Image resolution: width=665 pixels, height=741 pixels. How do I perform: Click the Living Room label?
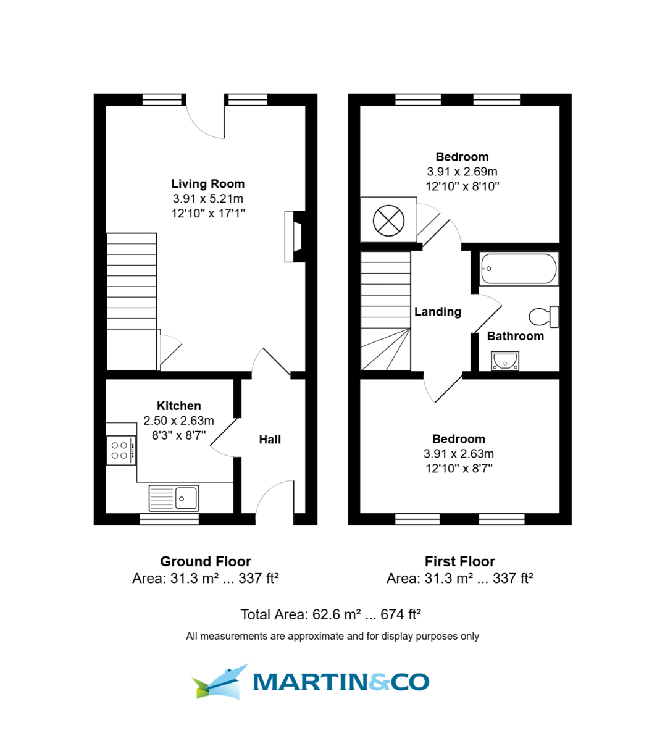207,184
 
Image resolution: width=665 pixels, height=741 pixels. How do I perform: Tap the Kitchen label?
178,406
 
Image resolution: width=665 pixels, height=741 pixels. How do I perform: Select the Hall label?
270,440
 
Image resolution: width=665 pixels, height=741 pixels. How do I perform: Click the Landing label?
437,312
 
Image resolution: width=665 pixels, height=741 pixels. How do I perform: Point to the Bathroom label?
515,337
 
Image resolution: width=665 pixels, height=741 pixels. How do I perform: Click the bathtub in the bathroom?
519,269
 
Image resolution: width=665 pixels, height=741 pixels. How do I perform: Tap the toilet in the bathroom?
544,317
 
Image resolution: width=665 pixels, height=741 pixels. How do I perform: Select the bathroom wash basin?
505,360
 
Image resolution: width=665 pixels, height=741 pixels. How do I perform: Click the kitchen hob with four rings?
120,450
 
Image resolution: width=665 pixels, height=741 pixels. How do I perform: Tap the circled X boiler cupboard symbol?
389,220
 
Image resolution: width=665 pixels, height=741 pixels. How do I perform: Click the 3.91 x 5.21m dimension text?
207,199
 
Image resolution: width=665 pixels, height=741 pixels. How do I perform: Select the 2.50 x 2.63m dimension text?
178,421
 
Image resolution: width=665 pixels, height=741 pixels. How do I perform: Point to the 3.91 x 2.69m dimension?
462,172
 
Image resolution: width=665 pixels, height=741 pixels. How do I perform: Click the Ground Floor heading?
206,561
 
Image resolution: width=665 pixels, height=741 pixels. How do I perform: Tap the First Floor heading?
459,561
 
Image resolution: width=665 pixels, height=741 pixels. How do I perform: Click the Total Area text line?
330,614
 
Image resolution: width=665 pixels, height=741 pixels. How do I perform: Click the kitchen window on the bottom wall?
169,519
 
